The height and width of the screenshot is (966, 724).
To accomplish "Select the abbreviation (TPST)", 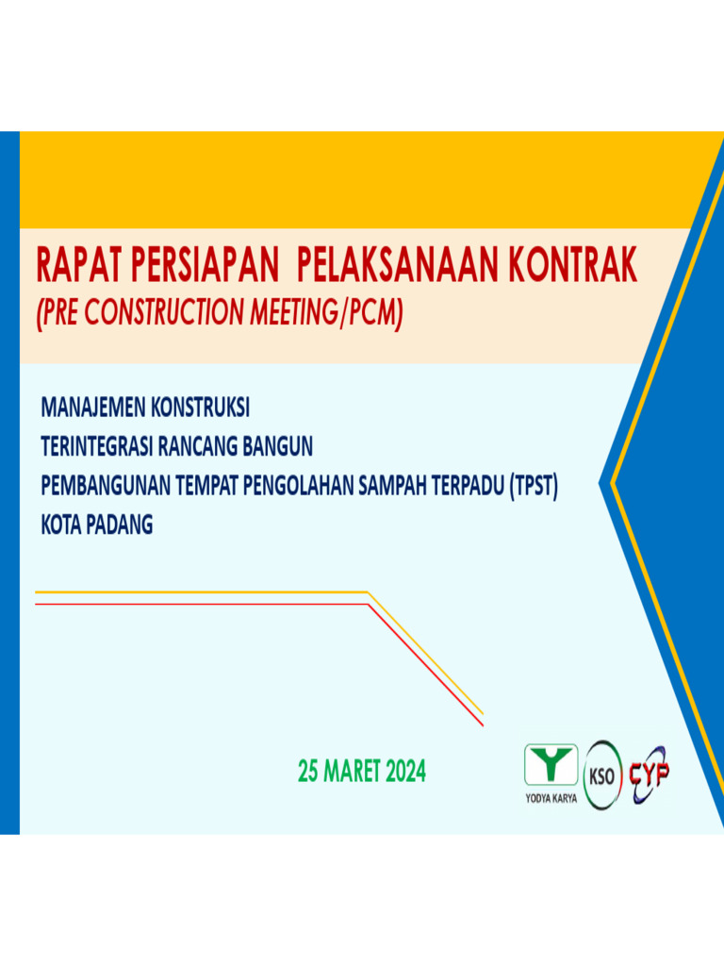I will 534,487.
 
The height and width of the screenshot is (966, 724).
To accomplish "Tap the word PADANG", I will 120,525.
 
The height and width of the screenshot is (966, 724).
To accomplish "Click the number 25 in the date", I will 308,773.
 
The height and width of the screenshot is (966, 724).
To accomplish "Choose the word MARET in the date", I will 352,773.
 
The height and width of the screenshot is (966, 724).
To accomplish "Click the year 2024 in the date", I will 405,773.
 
